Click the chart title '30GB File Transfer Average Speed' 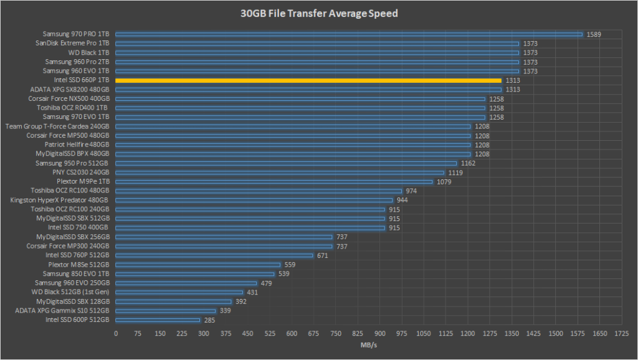(x=318, y=13)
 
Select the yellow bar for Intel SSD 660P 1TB (x=308, y=80)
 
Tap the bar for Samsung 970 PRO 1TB (x=349, y=34)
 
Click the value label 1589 (x=594, y=34)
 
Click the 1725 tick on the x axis (x=621, y=334)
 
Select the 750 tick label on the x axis (x=336, y=334)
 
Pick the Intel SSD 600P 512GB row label (x=78, y=320)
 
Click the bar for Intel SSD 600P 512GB (x=158, y=320)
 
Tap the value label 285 (x=210, y=320)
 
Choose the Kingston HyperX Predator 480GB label (x=60, y=200)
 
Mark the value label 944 (x=402, y=201)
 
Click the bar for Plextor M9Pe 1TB (x=274, y=182)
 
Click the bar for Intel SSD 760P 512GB (x=214, y=255)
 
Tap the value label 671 (x=323, y=255)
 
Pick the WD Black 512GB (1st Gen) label (x=70, y=292)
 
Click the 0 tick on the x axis (x=116, y=334)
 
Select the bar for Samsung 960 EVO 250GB (x=186, y=283)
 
